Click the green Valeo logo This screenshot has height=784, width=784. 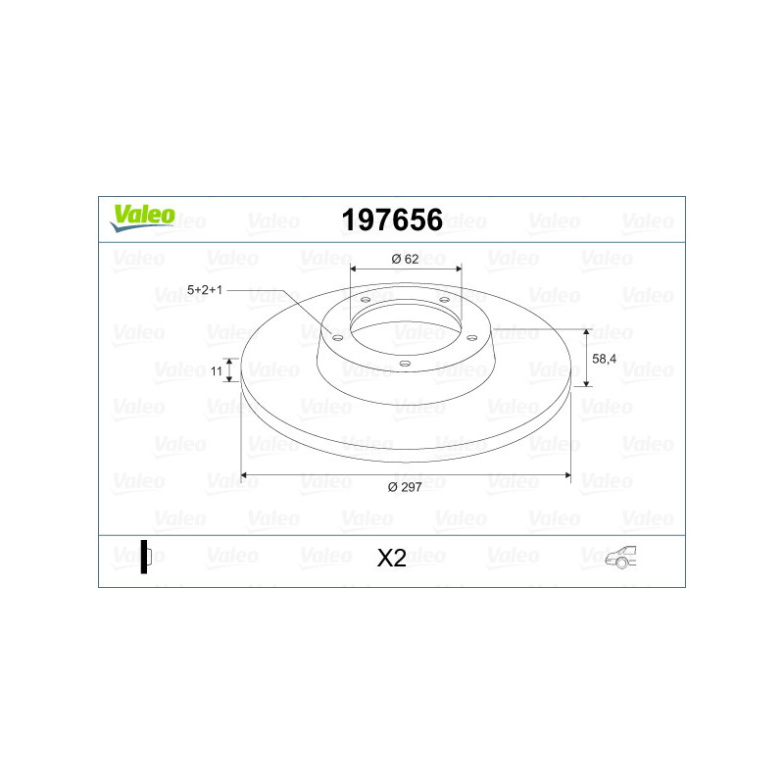coord(142,218)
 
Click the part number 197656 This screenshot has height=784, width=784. coord(392,220)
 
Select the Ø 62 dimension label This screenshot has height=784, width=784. coord(405,259)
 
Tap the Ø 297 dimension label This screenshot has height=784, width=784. coord(405,487)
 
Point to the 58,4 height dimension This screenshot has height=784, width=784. coord(604,359)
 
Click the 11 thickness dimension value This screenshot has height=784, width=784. coord(216,371)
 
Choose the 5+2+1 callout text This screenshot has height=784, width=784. coord(205,289)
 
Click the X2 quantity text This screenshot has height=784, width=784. coord(391,558)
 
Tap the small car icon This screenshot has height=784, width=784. coord(620,557)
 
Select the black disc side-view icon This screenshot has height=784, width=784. coord(145,557)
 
